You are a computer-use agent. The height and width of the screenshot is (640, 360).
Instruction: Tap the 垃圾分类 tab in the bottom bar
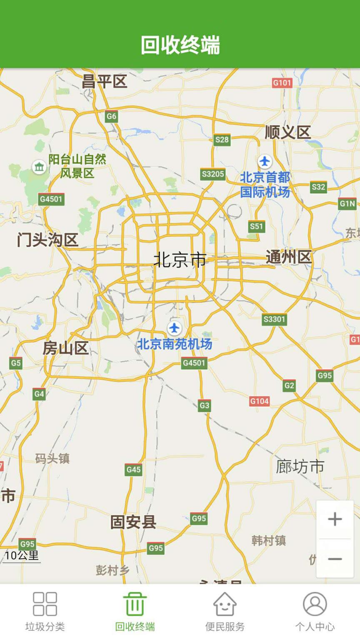click(45, 611)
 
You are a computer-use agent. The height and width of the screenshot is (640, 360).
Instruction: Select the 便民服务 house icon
click(225, 604)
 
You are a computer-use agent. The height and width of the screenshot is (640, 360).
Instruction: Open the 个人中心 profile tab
click(315, 611)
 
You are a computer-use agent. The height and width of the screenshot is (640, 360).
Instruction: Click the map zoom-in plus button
click(335, 519)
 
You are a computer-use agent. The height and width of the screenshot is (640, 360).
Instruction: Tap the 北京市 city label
click(180, 260)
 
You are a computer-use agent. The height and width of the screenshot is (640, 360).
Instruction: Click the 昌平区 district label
click(104, 81)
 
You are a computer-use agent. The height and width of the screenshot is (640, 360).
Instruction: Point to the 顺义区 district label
click(288, 132)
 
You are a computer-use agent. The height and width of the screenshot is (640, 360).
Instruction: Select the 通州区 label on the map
click(289, 257)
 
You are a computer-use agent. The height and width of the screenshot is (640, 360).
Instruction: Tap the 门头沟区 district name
click(47, 240)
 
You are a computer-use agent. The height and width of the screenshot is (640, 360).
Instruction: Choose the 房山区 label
click(66, 348)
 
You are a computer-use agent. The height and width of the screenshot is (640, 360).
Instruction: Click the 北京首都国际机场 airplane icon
click(265, 161)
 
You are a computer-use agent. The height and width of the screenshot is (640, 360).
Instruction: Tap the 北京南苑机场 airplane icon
click(175, 328)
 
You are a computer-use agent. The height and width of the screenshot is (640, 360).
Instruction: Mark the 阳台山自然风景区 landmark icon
click(39, 167)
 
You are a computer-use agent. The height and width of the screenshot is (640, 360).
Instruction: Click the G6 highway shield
click(111, 116)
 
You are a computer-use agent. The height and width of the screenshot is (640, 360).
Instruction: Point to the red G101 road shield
click(282, 83)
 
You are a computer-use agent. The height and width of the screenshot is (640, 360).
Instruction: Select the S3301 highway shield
click(275, 320)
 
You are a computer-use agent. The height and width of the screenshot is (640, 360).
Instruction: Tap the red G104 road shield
click(259, 401)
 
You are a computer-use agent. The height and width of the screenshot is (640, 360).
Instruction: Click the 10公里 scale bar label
click(22, 555)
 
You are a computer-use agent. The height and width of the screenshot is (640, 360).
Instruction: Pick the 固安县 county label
click(133, 522)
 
